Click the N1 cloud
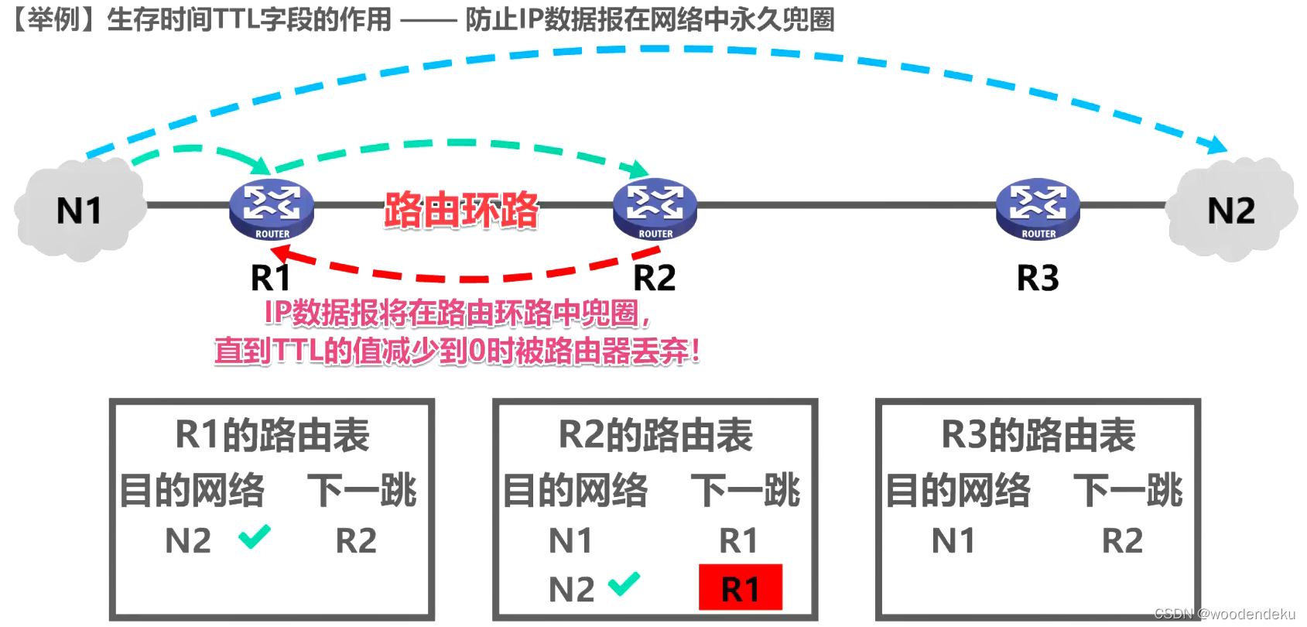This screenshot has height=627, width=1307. pyautogui.click(x=80, y=210)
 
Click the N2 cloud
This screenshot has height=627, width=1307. pyautogui.click(x=1231, y=210)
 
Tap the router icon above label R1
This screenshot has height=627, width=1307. pyautogui.click(x=272, y=209)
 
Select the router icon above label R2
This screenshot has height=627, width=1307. pyautogui.click(x=655, y=209)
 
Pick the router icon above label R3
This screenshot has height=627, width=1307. pyautogui.click(x=1038, y=209)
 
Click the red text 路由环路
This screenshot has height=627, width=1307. pyautogui.click(x=461, y=210)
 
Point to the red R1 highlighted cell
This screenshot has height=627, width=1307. pyautogui.click(x=740, y=588)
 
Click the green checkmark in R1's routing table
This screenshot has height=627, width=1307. pyautogui.click(x=255, y=536)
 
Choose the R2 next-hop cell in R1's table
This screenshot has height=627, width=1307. pyautogui.click(x=356, y=540)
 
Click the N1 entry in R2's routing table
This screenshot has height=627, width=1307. pyautogui.click(x=570, y=540)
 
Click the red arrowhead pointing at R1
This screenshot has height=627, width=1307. pyautogui.click(x=281, y=253)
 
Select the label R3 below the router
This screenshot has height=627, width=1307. pyautogui.click(x=1038, y=278)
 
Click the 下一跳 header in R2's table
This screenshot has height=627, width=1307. pyautogui.click(x=745, y=490)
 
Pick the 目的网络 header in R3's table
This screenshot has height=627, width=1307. pyautogui.click(x=958, y=490)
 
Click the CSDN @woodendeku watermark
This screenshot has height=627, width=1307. pyautogui.click(x=1224, y=614)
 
